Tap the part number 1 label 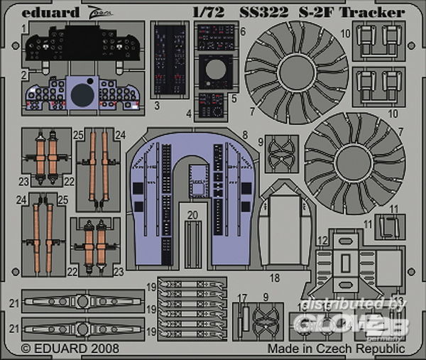pyautogui.click(x=23, y=27)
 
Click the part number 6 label pyautogui.click(x=242, y=32)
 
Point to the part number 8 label pyautogui.click(x=244, y=134)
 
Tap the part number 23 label pyautogui.click(x=119, y=271)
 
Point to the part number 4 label pyautogui.click(x=189, y=112)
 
